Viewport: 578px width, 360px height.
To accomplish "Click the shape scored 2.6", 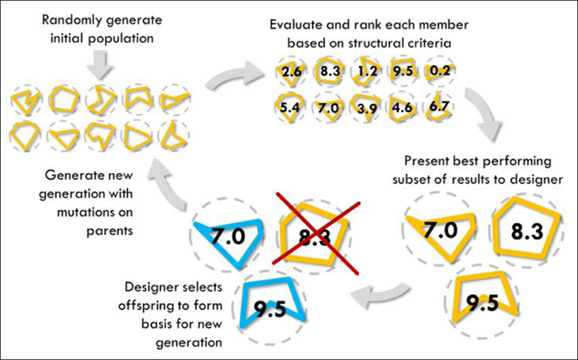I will click(x=288, y=72).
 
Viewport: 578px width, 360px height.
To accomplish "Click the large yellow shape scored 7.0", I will click(x=437, y=230).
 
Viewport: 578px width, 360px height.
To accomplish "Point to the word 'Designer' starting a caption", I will click(x=152, y=288).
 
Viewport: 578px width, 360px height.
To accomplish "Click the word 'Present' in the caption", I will click(x=425, y=162).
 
